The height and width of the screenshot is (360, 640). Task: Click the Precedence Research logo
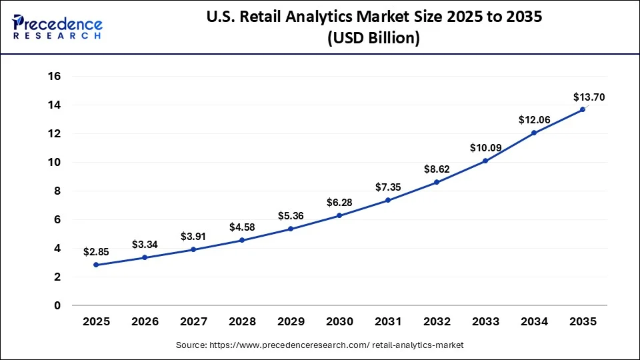click(57, 27)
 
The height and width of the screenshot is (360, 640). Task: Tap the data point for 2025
click(96, 265)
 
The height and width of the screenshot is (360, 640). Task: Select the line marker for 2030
click(339, 215)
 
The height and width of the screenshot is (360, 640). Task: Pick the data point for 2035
click(583, 109)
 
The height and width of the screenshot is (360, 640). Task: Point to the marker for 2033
click(485, 161)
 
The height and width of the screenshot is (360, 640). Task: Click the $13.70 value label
click(589, 97)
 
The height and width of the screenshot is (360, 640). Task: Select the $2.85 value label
click(96, 251)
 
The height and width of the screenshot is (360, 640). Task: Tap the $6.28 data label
click(339, 202)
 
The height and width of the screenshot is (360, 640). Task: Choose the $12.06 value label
click(534, 119)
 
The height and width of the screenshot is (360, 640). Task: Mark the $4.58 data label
click(242, 227)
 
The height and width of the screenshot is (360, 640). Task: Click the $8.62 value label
click(437, 169)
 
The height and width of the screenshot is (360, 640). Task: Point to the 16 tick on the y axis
click(54, 76)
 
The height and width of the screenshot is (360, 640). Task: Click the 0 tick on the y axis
click(57, 305)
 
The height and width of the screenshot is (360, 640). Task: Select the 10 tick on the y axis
click(54, 162)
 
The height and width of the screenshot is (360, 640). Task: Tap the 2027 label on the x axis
click(193, 322)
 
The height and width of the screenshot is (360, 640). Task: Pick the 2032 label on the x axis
click(437, 322)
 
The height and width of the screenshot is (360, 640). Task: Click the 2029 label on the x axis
click(291, 322)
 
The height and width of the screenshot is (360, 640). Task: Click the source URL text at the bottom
click(319, 345)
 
